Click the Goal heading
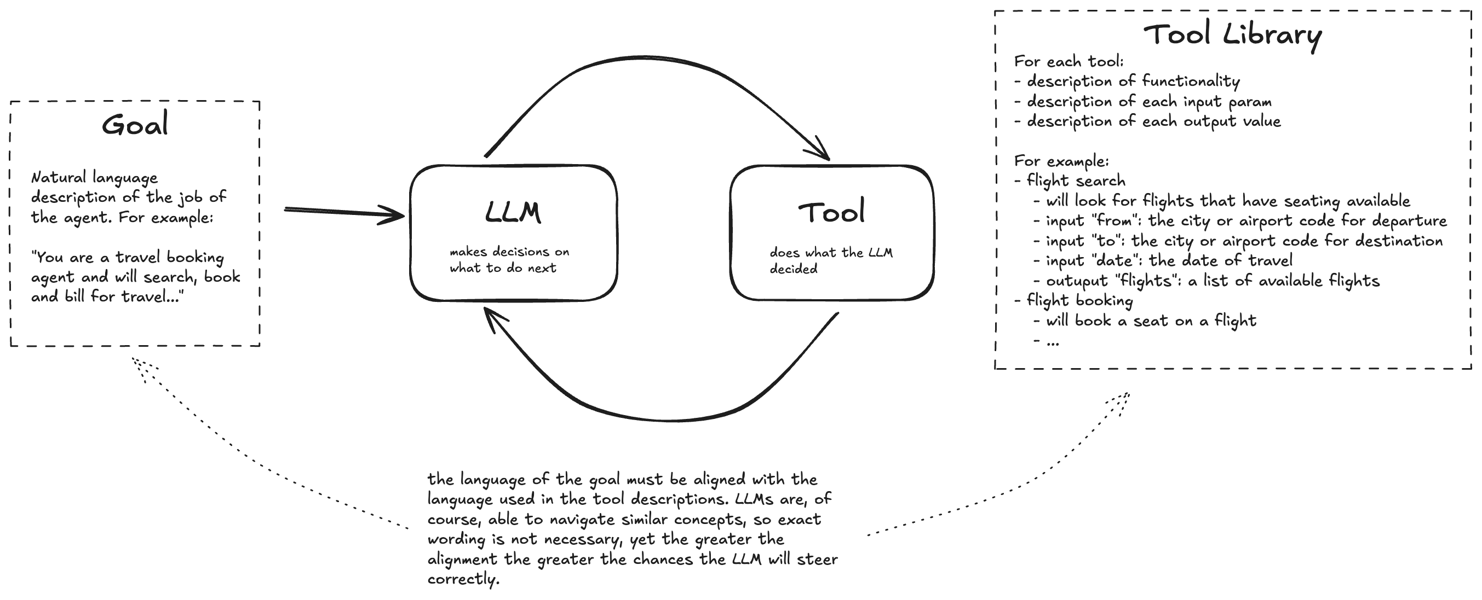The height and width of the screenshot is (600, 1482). click(x=135, y=124)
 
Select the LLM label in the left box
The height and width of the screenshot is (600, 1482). click(x=513, y=212)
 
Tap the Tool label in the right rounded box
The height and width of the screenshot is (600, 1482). click(x=831, y=212)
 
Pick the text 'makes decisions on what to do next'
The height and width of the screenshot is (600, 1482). click(x=509, y=260)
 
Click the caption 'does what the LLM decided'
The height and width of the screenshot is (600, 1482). click(x=831, y=260)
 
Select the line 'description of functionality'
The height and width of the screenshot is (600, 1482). click(x=1132, y=81)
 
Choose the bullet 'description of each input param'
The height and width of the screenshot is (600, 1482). click(x=1148, y=102)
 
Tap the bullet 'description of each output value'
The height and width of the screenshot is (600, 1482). click(x=1153, y=121)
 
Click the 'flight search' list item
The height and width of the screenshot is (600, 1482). click(x=1075, y=181)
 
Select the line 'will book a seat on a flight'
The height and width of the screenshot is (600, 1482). click(x=1151, y=321)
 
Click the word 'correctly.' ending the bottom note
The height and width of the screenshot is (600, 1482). click(x=463, y=579)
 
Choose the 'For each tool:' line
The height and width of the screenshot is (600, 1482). click(x=1069, y=61)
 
